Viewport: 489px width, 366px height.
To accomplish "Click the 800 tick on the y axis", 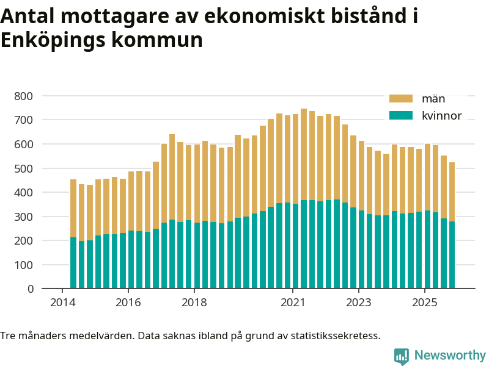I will tap(24, 96).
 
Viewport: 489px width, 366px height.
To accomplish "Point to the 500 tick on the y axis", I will tap(24, 168).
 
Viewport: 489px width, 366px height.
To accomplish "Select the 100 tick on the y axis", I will tap(24, 265).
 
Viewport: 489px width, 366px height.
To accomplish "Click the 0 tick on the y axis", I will tap(30, 289).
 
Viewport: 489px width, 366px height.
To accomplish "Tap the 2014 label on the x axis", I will tap(62, 303).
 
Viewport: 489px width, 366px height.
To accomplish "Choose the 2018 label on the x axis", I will tap(194, 303).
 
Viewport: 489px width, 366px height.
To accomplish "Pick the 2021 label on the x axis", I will tap(293, 303).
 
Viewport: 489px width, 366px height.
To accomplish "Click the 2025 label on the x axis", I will tap(424, 303).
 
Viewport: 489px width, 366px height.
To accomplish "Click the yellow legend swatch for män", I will tap(401, 99).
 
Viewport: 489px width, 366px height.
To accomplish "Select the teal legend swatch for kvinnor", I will tap(401, 116).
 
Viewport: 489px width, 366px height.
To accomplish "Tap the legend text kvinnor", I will tap(441, 116).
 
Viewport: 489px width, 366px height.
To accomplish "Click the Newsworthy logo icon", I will tap(402, 356).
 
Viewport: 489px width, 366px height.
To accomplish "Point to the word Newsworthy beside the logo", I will tap(450, 355).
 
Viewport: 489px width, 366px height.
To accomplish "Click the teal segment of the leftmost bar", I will tap(73, 262).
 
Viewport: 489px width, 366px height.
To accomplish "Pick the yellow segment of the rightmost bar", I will tap(452, 192).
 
